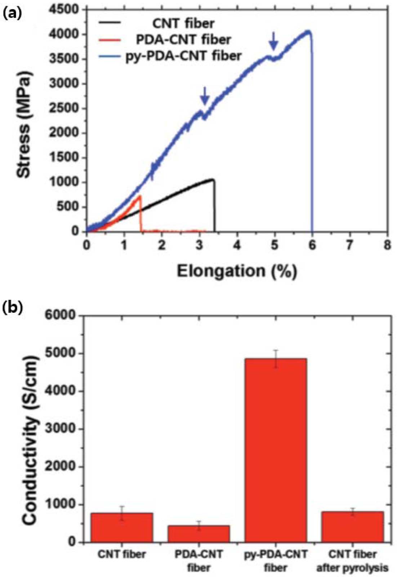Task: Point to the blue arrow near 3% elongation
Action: [205, 95]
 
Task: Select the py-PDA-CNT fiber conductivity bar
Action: [276, 450]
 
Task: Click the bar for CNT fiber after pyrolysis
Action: [352, 526]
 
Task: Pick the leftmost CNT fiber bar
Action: [122, 527]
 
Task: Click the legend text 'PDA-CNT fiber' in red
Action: [183, 40]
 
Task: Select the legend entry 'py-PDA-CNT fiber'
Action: [183, 56]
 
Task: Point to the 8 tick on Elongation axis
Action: [387, 245]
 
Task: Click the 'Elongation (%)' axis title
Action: [237, 272]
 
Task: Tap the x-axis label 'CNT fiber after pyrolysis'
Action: [352, 561]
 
